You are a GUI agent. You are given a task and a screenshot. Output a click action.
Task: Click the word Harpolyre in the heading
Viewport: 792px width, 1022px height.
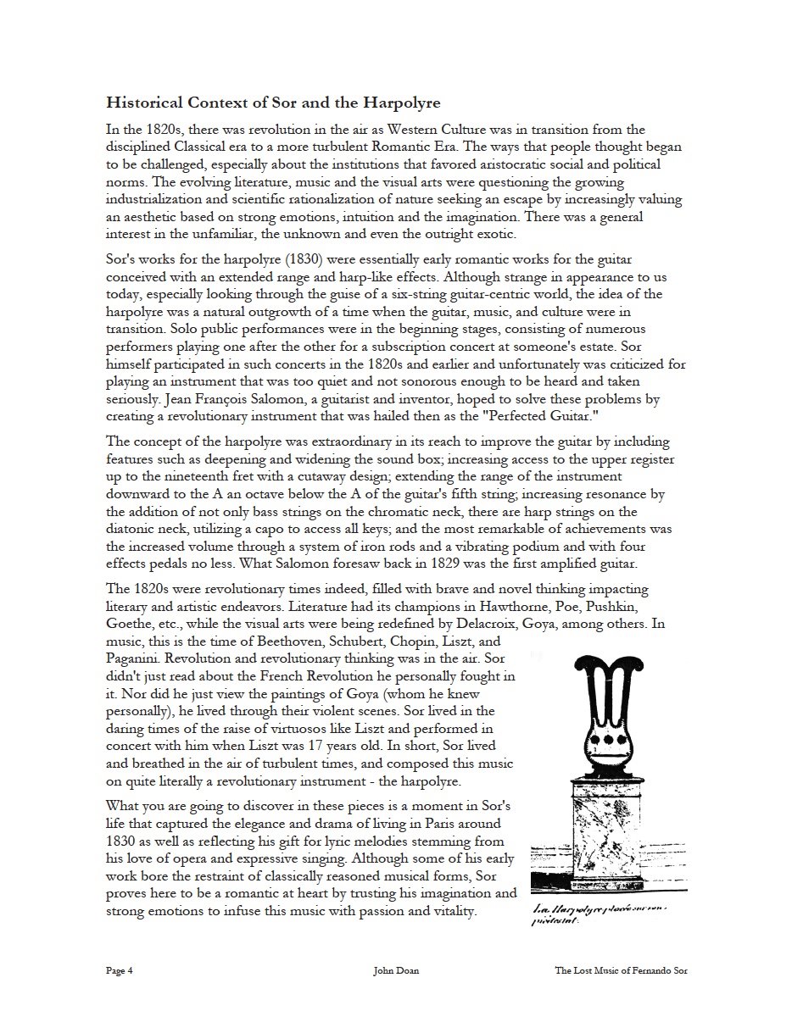400,103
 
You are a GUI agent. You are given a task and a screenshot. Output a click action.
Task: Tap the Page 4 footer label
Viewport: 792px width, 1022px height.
120,971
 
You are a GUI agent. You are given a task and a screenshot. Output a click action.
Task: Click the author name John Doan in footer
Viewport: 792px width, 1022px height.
395,971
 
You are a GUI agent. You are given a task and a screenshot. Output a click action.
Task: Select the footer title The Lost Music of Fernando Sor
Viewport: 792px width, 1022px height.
621,971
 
